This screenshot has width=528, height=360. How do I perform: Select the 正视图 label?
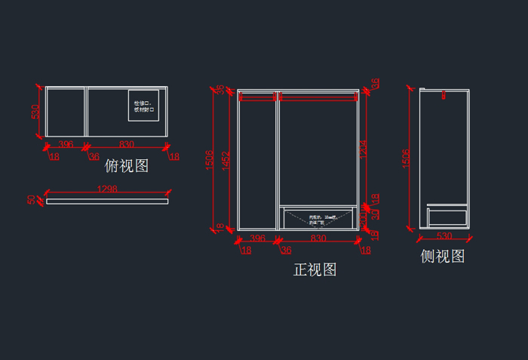click(315, 269)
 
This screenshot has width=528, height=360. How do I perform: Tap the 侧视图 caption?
click(443, 257)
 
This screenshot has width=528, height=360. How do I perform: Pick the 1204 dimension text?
click(363, 149)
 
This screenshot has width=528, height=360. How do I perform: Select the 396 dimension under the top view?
click(66, 144)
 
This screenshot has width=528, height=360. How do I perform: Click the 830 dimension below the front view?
click(318, 238)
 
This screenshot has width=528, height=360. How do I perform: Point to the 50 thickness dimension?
click(32, 200)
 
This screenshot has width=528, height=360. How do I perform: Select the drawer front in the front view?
click(318, 218)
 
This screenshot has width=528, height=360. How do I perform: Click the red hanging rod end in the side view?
click(444, 95)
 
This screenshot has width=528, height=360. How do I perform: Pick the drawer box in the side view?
click(447, 217)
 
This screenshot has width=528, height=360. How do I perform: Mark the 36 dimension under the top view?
click(94, 157)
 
